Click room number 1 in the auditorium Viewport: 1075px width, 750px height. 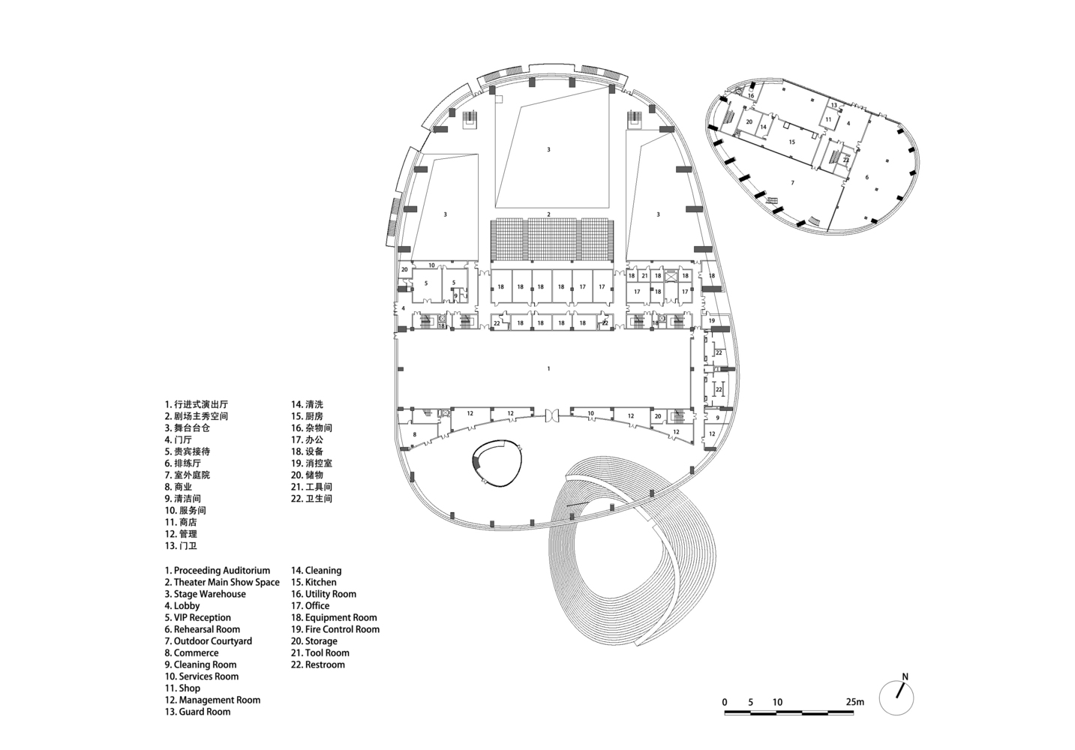[x=548, y=368]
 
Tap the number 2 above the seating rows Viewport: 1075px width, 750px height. [x=548, y=214]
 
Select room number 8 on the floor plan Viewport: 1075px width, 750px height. [x=415, y=434]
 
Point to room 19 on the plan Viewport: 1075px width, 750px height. [x=712, y=320]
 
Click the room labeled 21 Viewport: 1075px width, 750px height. [x=644, y=276]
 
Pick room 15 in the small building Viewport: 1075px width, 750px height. [x=792, y=142]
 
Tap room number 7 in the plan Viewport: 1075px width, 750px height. [x=792, y=183]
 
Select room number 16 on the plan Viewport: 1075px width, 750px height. [x=751, y=96]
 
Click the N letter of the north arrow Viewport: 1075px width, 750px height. [x=905, y=677]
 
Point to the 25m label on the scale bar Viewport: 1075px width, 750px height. [x=854, y=702]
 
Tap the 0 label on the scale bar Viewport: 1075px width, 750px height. [x=725, y=702]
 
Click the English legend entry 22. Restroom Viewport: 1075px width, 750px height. [x=318, y=664]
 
